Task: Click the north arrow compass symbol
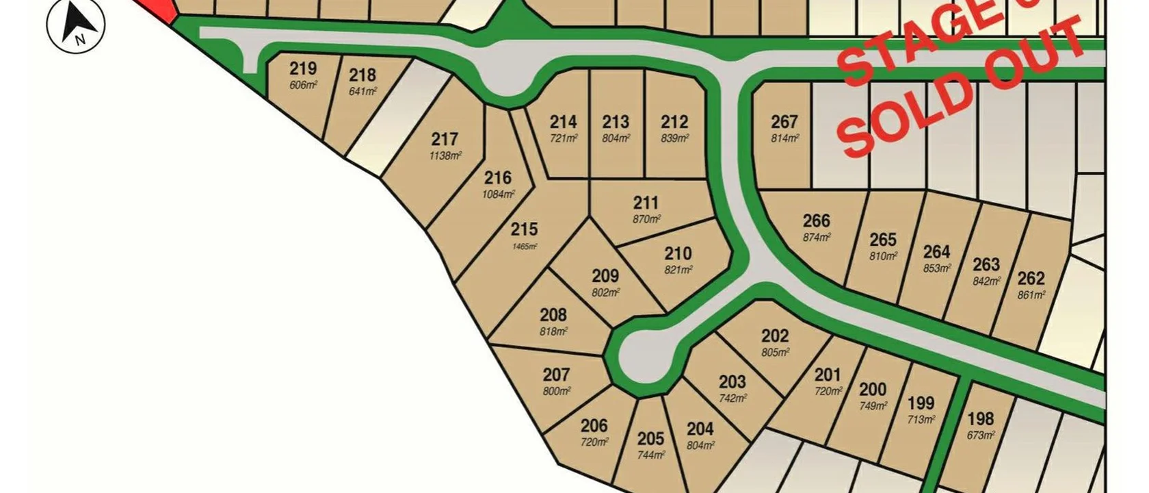(x=76, y=25)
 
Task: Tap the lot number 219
(x=303, y=68)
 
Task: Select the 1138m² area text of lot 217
(x=445, y=156)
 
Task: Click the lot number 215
(x=524, y=229)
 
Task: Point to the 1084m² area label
(x=498, y=194)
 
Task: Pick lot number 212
(x=674, y=122)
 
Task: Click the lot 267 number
(x=784, y=122)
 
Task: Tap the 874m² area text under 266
(x=817, y=238)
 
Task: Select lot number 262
(x=1031, y=278)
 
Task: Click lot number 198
(x=981, y=418)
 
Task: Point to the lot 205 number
(x=651, y=438)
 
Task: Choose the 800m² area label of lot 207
(x=557, y=392)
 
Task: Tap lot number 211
(x=646, y=203)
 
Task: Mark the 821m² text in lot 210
(x=678, y=270)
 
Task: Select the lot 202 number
(x=775, y=336)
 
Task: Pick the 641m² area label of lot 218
(x=362, y=92)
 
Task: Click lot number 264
(x=936, y=252)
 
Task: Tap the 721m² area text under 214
(x=564, y=138)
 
